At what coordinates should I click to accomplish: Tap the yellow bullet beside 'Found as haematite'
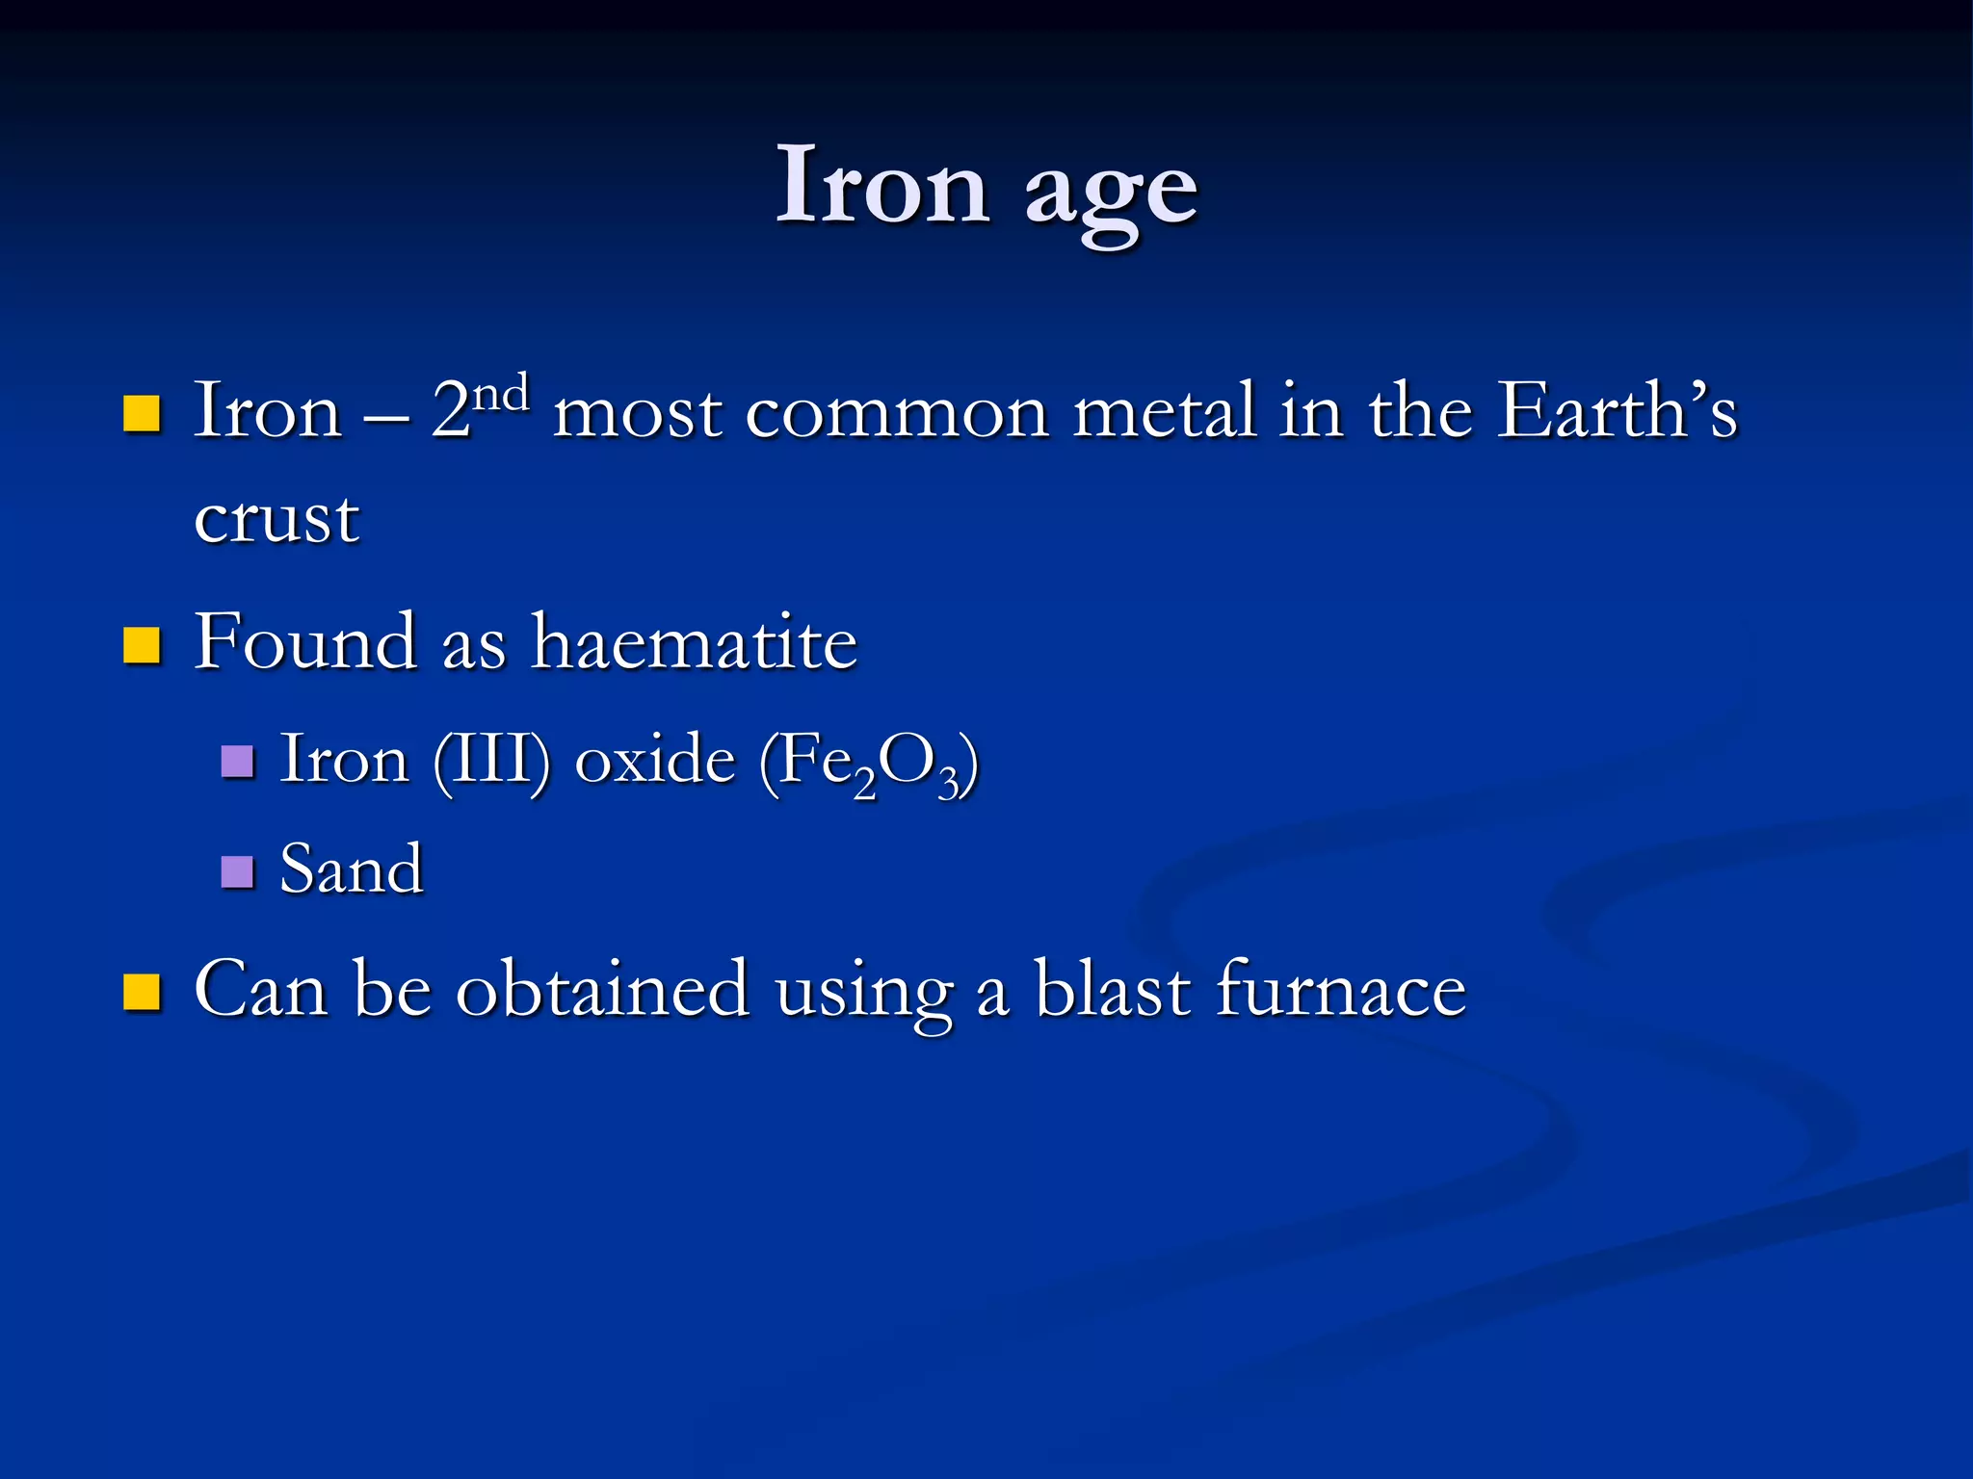(x=142, y=645)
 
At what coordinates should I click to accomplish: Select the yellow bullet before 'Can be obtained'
(x=142, y=992)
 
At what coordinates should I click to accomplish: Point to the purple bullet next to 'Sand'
(x=237, y=871)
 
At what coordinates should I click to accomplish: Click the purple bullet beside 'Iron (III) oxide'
(x=237, y=762)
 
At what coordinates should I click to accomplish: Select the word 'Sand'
(x=351, y=869)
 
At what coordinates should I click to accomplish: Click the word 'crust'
(x=276, y=519)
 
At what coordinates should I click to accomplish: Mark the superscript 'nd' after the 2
(x=502, y=394)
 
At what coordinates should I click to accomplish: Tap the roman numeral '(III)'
(x=492, y=761)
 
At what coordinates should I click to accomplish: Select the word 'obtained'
(x=602, y=989)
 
